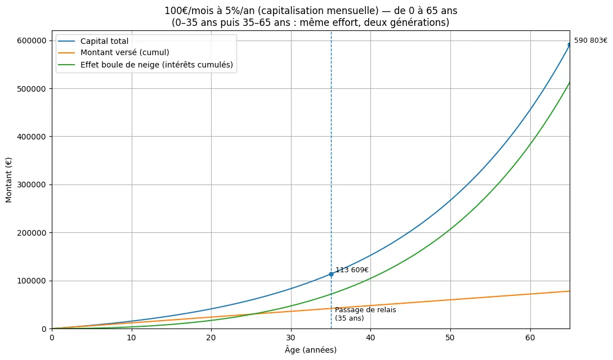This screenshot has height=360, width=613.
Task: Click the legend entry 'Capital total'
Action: tap(104, 41)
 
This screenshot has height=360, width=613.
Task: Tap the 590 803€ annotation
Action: tap(590, 40)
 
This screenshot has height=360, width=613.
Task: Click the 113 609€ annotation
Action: tap(352, 270)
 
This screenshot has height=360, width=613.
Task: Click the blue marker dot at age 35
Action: tap(331, 274)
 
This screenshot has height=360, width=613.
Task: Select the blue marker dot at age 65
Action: tap(570, 45)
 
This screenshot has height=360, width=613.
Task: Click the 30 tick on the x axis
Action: tap(291, 337)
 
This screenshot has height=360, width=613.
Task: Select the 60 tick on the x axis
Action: tap(530, 337)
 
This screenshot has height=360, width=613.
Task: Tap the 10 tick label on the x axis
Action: tap(131, 337)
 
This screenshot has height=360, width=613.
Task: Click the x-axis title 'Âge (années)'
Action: tap(311, 350)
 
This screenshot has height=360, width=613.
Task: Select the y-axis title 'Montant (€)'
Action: tap(8, 179)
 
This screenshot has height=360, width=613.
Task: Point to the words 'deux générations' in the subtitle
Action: tap(413, 22)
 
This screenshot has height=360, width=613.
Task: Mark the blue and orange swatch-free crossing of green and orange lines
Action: tap(252, 314)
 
